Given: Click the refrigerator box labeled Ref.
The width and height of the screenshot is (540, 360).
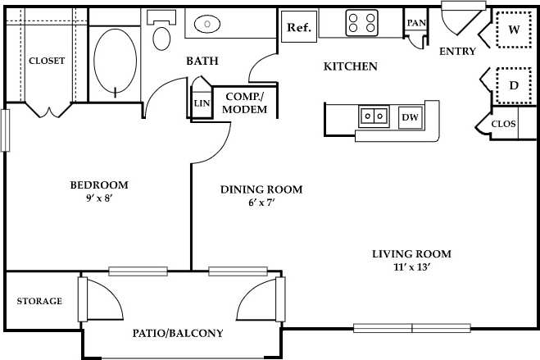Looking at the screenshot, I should pos(298,27).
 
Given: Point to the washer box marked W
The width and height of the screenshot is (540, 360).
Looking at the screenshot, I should pos(514,30).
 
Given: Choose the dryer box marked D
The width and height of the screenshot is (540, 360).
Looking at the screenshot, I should pos(514,85).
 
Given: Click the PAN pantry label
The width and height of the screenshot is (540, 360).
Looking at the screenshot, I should pos(416,23).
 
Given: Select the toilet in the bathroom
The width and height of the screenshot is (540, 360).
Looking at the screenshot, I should pos(162,34).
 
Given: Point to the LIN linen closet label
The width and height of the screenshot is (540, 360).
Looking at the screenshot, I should pos(201,103).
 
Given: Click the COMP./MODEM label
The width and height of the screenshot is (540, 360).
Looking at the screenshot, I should pos(246,103).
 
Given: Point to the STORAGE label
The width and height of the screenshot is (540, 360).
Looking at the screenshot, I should pos(39,301).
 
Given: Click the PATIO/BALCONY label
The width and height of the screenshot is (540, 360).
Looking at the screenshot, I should pos(178,334).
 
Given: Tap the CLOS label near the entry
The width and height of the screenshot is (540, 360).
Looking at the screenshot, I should pos(502,124).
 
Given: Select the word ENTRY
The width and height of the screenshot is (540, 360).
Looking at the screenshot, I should pos(457,52).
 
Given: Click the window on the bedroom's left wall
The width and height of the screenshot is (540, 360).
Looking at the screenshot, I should pos(4,130).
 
